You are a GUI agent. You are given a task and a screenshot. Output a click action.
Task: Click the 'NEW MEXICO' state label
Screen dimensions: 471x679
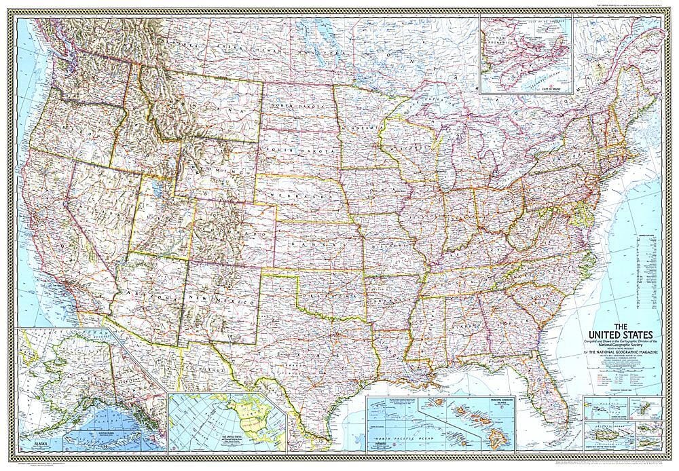(221, 297)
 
